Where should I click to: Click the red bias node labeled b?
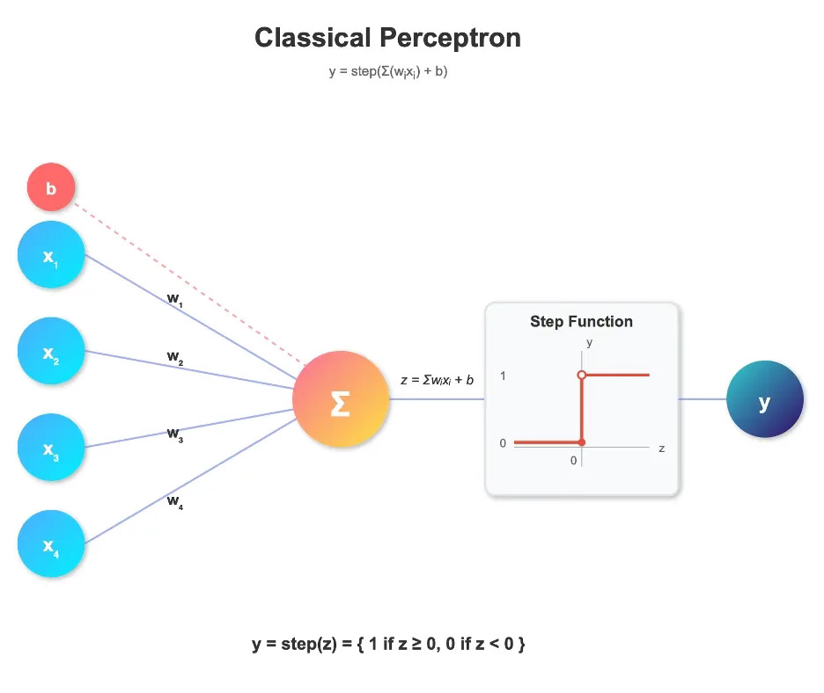point(51,188)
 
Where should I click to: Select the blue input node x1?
point(51,255)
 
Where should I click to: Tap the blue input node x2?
point(51,351)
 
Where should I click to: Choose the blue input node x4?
point(51,543)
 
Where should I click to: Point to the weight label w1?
point(175,298)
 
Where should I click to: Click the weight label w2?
point(175,357)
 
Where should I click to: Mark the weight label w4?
point(175,501)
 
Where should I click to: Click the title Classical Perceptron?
point(387,38)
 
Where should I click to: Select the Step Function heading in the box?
point(581,322)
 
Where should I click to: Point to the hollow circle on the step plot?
point(582,376)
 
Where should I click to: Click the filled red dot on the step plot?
point(582,441)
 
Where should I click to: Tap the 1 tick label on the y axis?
point(504,376)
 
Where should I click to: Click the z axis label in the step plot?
point(661,449)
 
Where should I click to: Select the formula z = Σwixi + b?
point(437,380)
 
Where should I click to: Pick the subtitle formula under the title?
point(388,71)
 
